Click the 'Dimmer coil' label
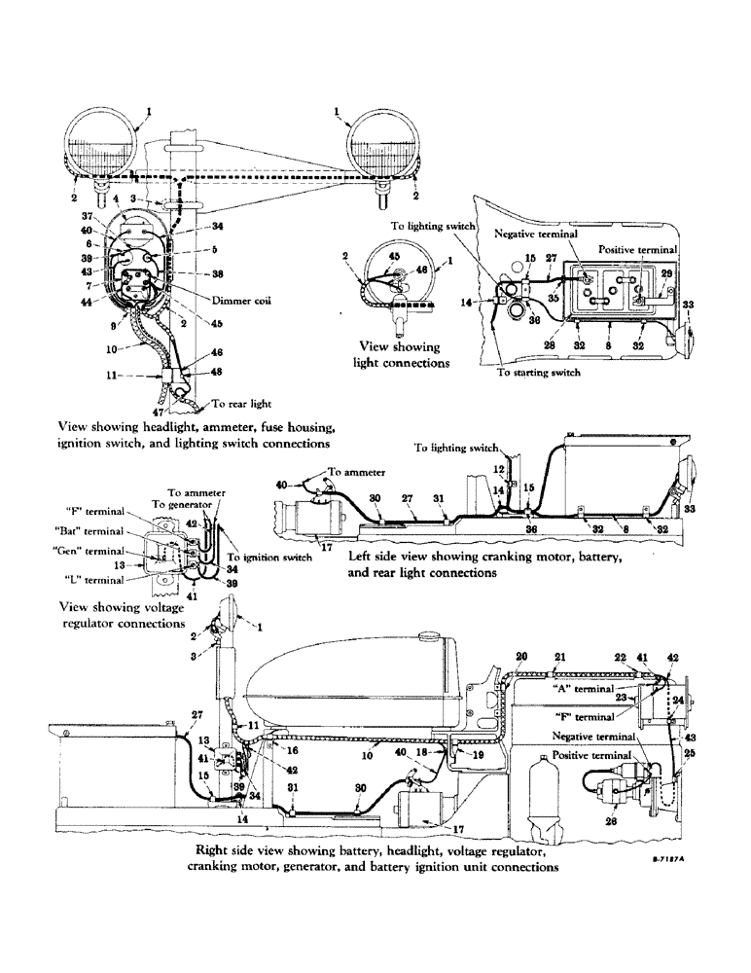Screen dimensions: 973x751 point(243,300)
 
